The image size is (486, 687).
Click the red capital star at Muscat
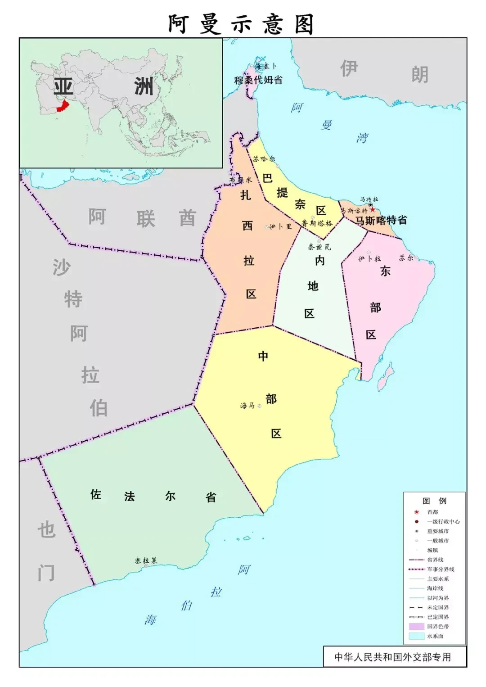[x=373, y=210]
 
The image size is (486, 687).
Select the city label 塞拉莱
[x=146, y=560]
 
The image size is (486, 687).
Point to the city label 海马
[x=247, y=406]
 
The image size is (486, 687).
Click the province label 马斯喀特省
[x=381, y=221]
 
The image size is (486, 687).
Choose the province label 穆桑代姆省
[x=258, y=80]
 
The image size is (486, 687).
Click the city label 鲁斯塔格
[x=317, y=223]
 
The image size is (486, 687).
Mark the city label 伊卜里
[x=281, y=226]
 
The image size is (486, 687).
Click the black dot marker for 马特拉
[x=371, y=205]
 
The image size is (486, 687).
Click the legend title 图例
[x=434, y=501]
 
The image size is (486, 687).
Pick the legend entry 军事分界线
[x=441, y=569]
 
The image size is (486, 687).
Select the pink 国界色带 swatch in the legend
[x=417, y=626]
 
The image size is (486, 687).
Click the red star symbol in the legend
[x=417, y=512]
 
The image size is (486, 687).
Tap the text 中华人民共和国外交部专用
[x=392, y=657]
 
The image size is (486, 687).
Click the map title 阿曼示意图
[x=241, y=24]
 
